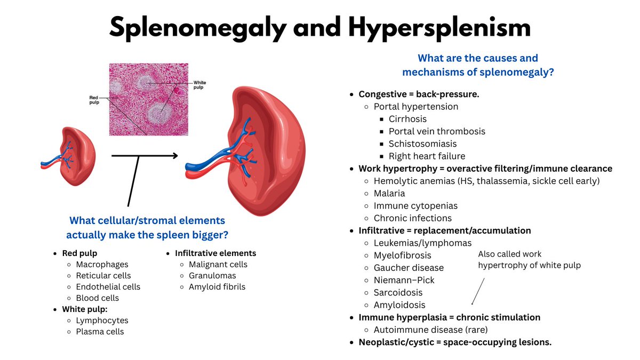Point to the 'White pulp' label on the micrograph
pos(199,85)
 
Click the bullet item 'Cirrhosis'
pos(407,119)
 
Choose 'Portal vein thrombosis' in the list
pos(437,131)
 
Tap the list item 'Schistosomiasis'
pos(422,143)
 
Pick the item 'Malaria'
pos(389,193)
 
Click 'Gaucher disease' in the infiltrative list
pos(409,268)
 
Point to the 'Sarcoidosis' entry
pos(398,292)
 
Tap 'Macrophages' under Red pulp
pos(102,265)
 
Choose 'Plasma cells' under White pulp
pos(100,332)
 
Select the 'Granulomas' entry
pos(212,276)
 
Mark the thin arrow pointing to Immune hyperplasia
pos(478,291)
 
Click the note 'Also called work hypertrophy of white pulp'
pos(529,260)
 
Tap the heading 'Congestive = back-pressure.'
pos(419,94)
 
